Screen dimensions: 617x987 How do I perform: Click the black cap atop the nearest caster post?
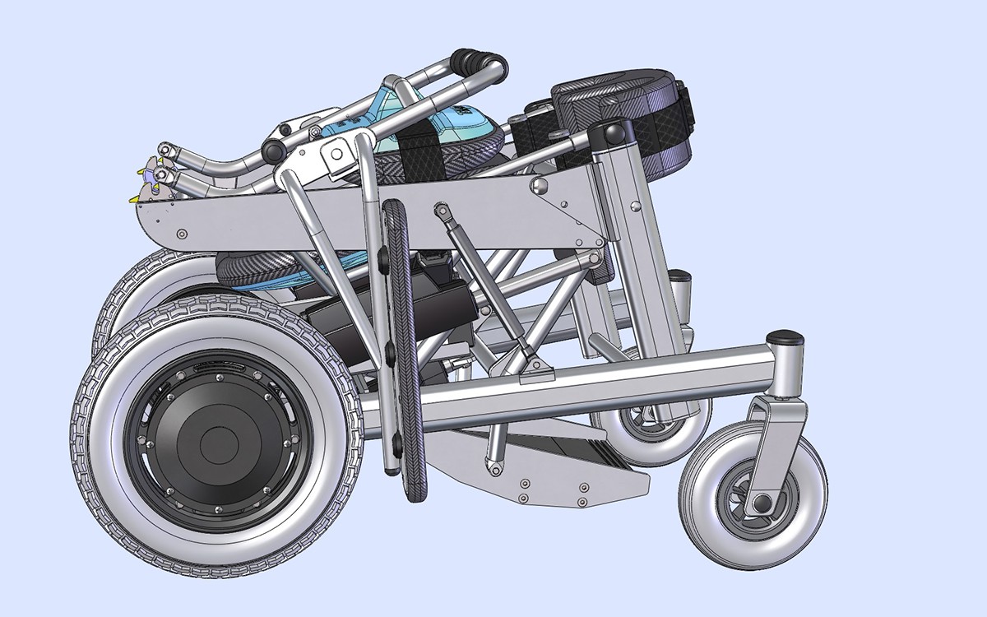[x=785, y=338]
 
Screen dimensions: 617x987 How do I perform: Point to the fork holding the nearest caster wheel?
[x=773, y=444]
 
